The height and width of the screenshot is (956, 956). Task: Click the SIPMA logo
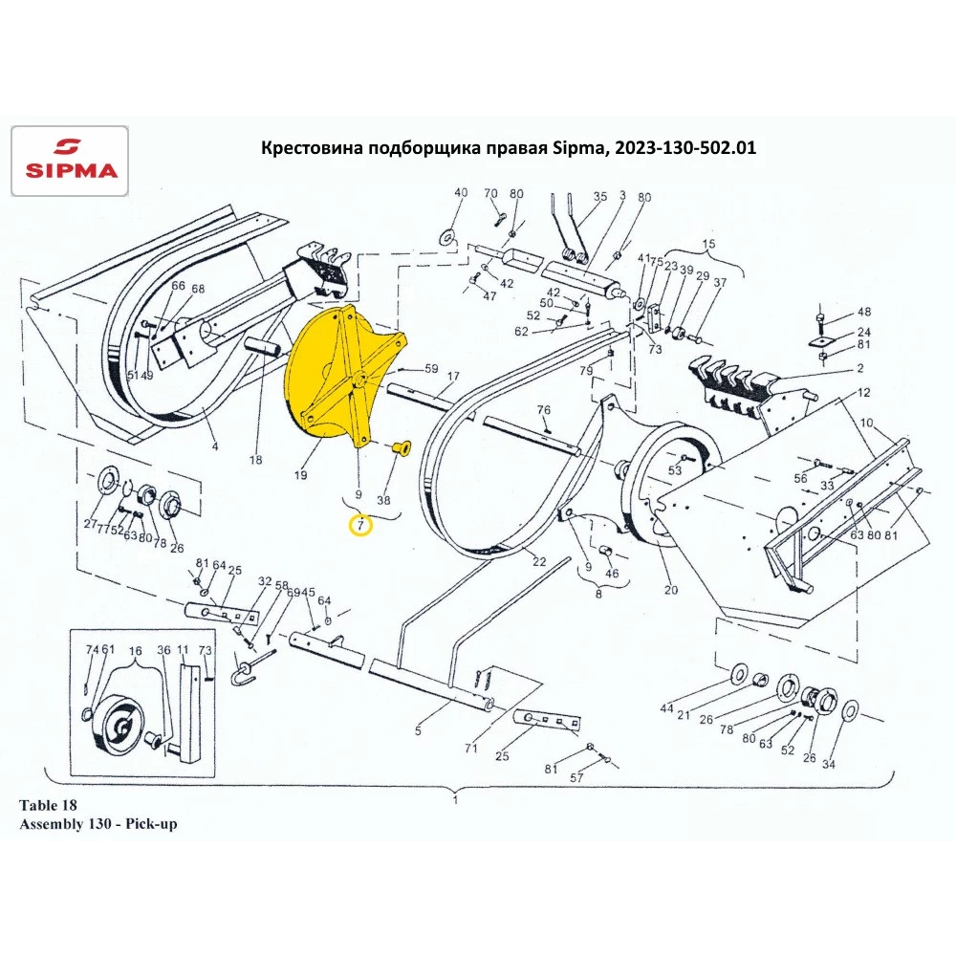coord(67,161)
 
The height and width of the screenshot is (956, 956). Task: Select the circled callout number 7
coord(360,525)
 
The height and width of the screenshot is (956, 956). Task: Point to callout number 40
coord(461,193)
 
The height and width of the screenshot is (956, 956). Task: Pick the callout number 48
coord(864,313)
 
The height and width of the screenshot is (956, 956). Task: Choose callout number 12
coord(863,393)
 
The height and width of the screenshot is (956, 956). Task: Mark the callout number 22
coord(539,561)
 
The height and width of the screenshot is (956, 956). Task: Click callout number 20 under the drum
coord(670,590)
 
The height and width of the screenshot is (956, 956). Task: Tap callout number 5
coord(418,731)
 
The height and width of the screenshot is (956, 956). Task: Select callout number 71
coord(470,749)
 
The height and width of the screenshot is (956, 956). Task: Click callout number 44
coord(667,707)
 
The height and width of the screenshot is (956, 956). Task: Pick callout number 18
coord(255,460)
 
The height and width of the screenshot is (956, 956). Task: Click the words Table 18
coord(47,804)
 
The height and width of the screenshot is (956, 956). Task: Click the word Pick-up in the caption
coord(153,822)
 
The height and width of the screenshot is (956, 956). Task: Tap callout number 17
coord(452,376)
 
